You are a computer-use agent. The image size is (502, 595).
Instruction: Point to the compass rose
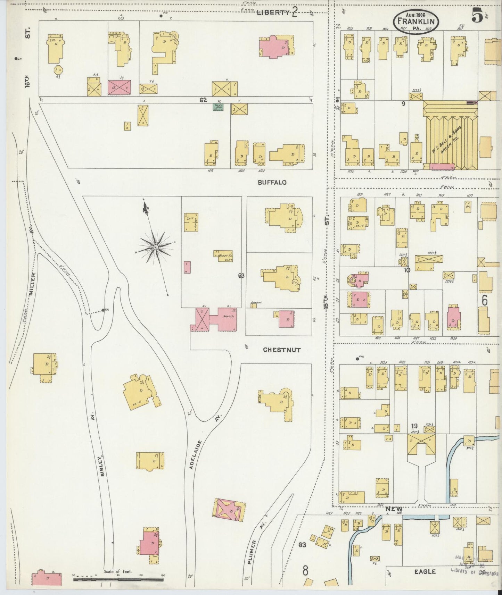pos(155,247)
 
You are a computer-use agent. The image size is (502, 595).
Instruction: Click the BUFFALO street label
pos(272,182)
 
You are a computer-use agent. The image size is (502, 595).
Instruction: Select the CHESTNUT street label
pos(281,350)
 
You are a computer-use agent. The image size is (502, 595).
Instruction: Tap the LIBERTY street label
pos(273,13)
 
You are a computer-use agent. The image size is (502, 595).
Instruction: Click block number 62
pos(203,100)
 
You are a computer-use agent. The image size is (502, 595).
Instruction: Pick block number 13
pos(414,426)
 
